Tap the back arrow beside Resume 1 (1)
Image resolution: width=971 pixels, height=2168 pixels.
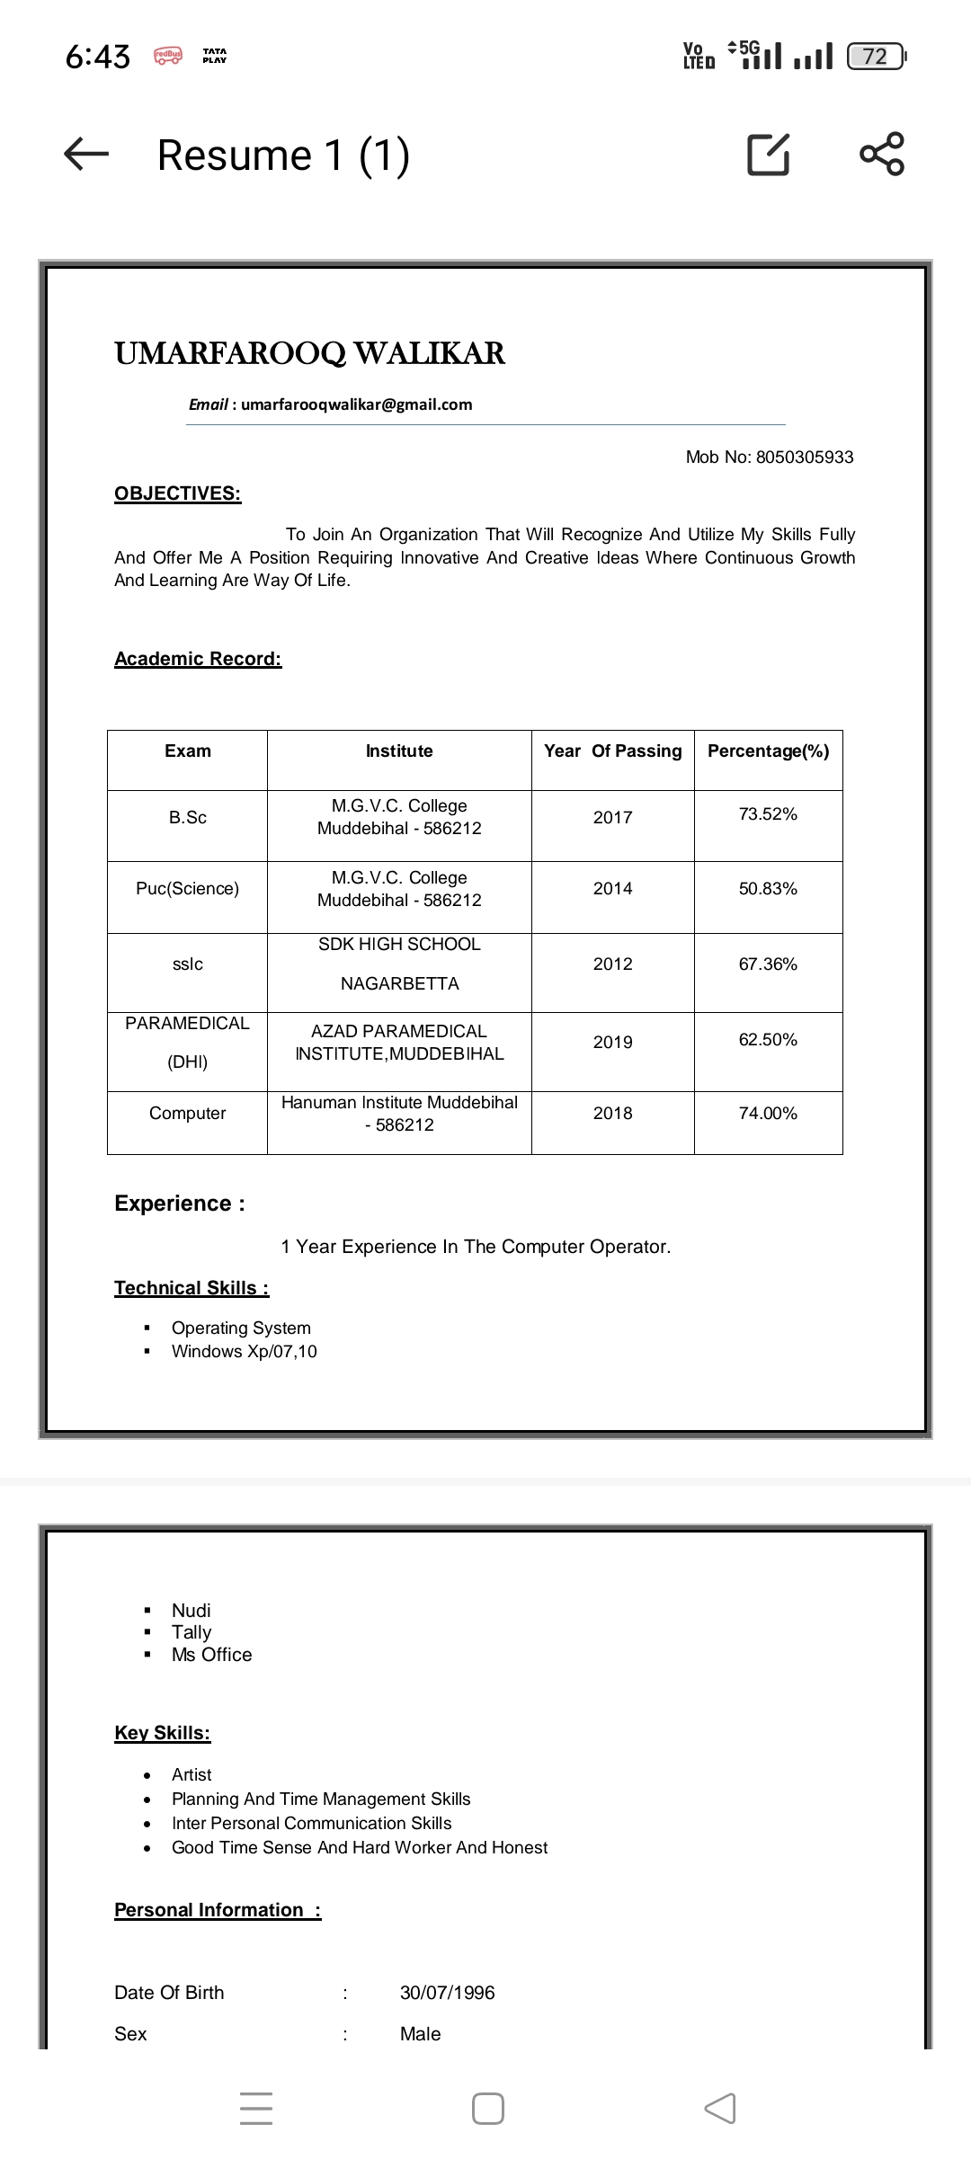(x=86, y=155)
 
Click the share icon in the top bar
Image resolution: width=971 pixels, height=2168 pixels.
(x=881, y=154)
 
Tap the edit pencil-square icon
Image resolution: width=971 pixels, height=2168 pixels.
(x=769, y=154)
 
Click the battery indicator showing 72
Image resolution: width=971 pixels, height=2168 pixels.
(x=876, y=57)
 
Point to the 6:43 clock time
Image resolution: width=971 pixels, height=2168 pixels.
(x=97, y=57)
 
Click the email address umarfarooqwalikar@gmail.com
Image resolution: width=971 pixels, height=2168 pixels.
(x=356, y=404)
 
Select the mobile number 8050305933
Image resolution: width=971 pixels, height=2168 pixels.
(x=805, y=457)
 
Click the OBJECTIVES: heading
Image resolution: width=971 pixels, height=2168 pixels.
(x=177, y=493)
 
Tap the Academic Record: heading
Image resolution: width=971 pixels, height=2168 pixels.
(x=198, y=659)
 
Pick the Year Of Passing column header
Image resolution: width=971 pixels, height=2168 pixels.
(x=612, y=751)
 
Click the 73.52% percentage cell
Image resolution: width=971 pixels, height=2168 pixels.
(x=768, y=814)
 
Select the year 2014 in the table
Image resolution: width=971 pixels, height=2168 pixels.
(x=612, y=888)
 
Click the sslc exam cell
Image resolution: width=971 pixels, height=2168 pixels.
(x=187, y=964)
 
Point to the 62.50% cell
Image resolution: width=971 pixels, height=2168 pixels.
(x=768, y=1040)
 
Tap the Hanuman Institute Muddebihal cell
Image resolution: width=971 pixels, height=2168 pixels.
(x=399, y=1113)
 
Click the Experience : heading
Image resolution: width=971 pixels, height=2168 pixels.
(x=180, y=1204)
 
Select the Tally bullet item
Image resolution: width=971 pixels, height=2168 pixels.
(x=192, y=1632)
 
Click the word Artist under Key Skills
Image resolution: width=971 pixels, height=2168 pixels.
(x=192, y=1774)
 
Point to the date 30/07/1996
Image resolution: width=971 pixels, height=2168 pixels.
(x=447, y=1993)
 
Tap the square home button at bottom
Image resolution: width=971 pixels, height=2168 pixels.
(x=487, y=2109)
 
